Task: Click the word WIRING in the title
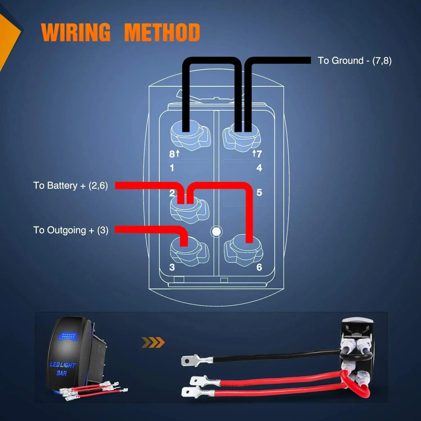click(x=76, y=32)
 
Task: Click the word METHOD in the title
click(x=162, y=32)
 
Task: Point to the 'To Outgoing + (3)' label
click(x=71, y=230)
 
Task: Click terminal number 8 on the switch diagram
click(x=172, y=154)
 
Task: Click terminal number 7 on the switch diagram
click(x=259, y=154)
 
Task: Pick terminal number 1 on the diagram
click(x=172, y=168)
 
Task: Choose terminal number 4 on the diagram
click(x=259, y=168)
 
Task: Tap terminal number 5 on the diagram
click(x=259, y=193)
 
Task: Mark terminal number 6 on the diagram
click(x=259, y=267)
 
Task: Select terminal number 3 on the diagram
click(x=172, y=267)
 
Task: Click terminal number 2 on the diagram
click(x=172, y=193)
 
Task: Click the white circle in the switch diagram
click(x=216, y=232)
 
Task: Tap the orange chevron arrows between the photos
click(x=153, y=342)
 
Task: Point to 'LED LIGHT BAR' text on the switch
click(x=62, y=369)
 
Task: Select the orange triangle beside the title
click(x=8, y=39)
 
